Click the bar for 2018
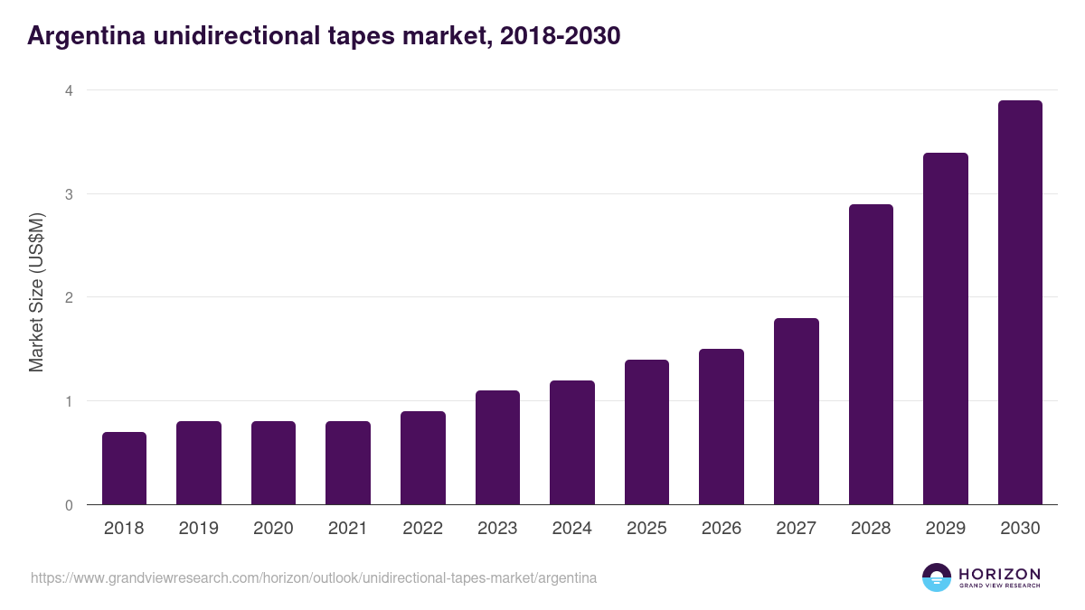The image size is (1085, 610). [124, 468]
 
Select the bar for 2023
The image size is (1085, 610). [497, 447]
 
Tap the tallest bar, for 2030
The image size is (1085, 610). [1020, 303]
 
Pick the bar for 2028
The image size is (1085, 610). [871, 354]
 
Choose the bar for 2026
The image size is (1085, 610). [722, 427]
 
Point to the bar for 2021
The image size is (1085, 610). [348, 463]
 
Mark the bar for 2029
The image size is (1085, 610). [946, 329]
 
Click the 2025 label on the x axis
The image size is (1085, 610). [646, 529]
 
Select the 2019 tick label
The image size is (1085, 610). [199, 529]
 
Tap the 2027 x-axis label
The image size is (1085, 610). [797, 529]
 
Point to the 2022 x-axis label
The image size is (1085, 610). [422, 529]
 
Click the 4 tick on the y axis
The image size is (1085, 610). [68, 90]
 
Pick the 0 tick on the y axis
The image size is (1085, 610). [68, 505]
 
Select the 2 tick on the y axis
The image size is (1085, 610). [68, 297]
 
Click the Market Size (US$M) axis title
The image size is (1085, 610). [36, 293]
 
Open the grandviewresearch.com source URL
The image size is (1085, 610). [314, 577]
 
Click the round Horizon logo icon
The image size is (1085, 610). [937, 577]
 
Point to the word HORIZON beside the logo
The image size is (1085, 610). [999, 574]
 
